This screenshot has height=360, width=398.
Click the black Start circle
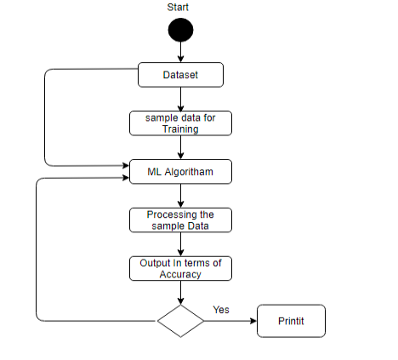[x=180, y=30]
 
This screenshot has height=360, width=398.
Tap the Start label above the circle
[x=178, y=7]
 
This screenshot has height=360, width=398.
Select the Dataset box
[x=180, y=75]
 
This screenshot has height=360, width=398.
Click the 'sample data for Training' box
[x=180, y=123]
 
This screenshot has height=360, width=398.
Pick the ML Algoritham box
[x=180, y=172]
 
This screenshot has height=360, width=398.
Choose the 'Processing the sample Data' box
[x=180, y=220]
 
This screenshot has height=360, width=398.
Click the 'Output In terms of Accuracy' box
[x=180, y=269]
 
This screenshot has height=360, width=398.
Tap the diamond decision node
[x=180, y=321]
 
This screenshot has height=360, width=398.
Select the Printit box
[x=291, y=321]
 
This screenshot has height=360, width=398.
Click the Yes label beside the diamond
[x=221, y=310]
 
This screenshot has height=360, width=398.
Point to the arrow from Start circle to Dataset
[x=180, y=52]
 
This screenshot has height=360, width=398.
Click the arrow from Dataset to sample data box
[x=180, y=99]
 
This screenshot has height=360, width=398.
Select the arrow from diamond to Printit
[x=230, y=321]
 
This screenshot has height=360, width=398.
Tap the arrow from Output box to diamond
[x=180, y=293]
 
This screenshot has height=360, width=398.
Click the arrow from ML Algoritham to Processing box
[x=180, y=196]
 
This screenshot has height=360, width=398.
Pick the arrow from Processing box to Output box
[x=180, y=244]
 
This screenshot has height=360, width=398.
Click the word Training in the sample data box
[x=180, y=129]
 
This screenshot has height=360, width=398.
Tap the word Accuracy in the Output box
[x=180, y=274]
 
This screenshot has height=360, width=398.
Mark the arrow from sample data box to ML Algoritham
[x=180, y=147]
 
